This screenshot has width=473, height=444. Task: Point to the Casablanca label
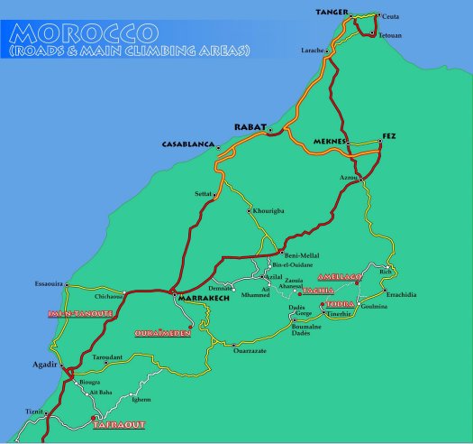187,144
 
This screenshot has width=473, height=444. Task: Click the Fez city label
388,135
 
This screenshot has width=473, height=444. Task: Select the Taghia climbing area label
318,291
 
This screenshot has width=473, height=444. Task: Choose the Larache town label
313,51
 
